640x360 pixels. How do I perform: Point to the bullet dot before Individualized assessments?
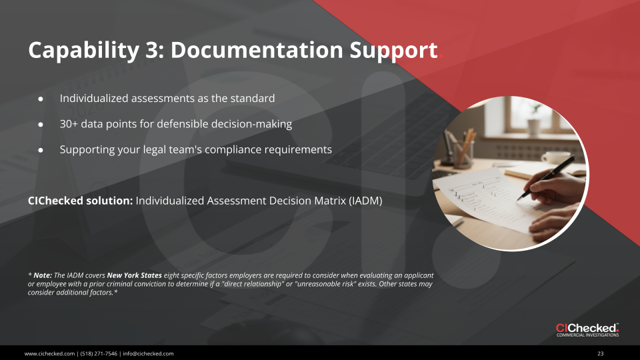tap(41, 99)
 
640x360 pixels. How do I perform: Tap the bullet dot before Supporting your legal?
tap(41, 150)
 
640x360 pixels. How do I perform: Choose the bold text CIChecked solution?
tap(81, 200)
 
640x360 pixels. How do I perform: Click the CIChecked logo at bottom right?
tap(587, 329)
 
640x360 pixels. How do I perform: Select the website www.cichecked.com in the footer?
tap(49, 353)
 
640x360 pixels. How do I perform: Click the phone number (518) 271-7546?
tap(97, 353)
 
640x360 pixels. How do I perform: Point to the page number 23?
tap(600, 353)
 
